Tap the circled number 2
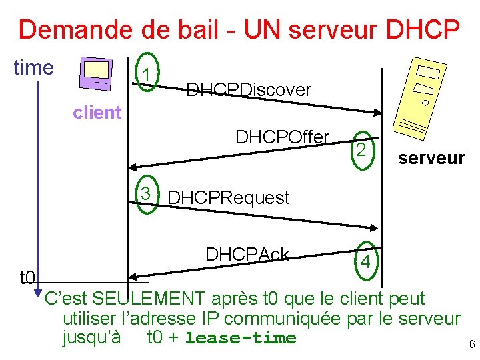coord(360,151)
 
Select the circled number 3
coord(145,195)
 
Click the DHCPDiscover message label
coord(249,89)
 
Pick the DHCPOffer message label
coord(282,137)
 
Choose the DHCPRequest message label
coord(229,198)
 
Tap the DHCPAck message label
coord(247,254)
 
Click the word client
coord(97,112)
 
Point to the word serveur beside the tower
coord(431,158)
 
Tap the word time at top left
coord(33,67)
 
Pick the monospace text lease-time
coord(240,338)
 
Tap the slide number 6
coord(472,345)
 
